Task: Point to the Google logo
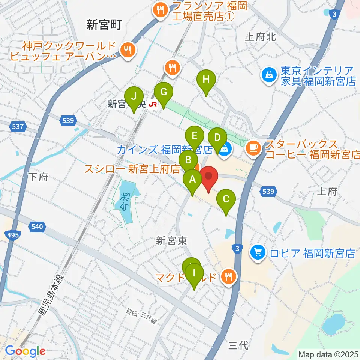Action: click(25, 351)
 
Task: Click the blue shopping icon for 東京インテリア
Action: click(269, 76)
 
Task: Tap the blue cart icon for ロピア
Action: click(258, 252)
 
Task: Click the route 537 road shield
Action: click(18, 127)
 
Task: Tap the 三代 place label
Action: click(238, 345)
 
